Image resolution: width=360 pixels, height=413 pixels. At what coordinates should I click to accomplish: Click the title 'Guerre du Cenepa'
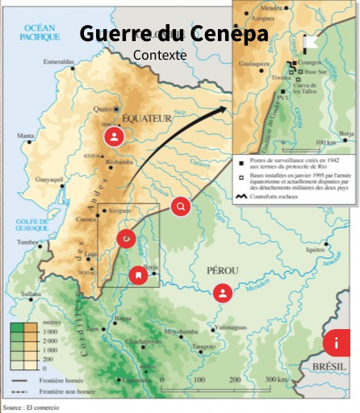coord(173,34)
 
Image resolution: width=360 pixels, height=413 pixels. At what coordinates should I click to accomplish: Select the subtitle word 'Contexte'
coord(160,56)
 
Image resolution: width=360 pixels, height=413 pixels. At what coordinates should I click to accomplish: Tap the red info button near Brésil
coord(336,343)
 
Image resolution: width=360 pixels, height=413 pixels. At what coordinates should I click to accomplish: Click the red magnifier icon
coord(181,206)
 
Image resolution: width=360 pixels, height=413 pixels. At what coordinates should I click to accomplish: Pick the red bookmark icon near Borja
coord(140,276)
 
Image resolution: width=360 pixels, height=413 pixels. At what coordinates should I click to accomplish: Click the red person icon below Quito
coord(115,136)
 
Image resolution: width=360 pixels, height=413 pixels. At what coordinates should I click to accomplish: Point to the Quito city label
coord(103,108)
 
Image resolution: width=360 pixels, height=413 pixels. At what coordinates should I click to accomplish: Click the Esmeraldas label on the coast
coord(58,61)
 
